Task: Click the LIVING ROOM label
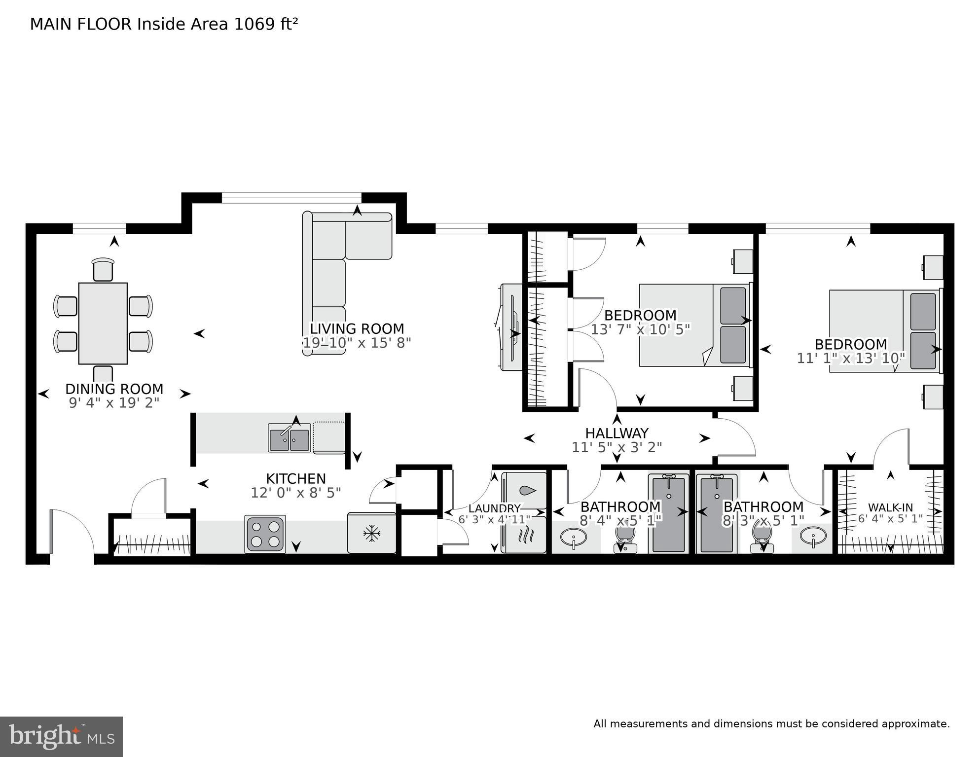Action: pos(357,328)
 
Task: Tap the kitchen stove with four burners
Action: pos(265,534)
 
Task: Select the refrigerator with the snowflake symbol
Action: pos(371,533)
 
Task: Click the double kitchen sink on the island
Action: pos(289,437)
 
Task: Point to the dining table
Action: pos(103,323)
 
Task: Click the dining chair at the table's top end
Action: pos(103,269)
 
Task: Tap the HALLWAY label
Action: pos(617,433)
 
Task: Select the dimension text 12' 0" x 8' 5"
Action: pos(296,493)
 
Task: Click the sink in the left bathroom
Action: pos(573,537)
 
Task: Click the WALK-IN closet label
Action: pos(890,507)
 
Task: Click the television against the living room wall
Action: pos(511,327)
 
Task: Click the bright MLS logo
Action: pos(61,737)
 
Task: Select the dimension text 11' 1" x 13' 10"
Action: pos(851,358)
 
